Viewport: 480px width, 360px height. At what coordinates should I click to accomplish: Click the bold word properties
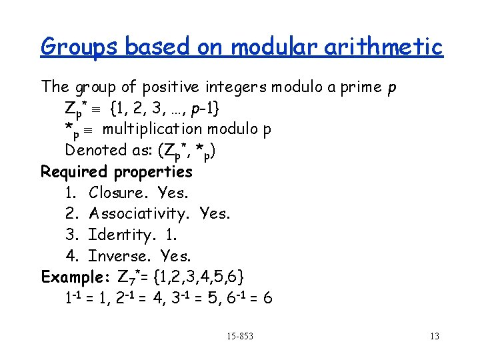click(x=153, y=172)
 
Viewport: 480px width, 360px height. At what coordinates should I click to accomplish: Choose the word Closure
click(x=118, y=193)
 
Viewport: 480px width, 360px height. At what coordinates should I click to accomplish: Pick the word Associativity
click(x=140, y=213)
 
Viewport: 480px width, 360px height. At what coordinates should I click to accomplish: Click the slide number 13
click(x=434, y=336)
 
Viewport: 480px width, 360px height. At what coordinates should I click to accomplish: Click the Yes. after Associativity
click(x=215, y=213)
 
